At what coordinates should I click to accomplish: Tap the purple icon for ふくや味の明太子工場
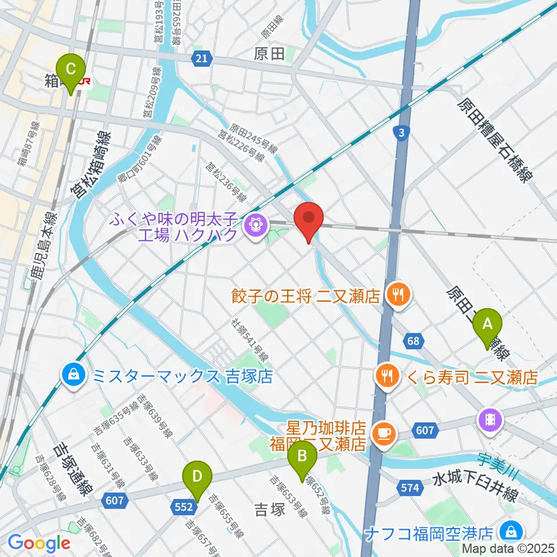(254, 222)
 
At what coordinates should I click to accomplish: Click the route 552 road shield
(183, 507)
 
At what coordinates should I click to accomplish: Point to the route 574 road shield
(410, 489)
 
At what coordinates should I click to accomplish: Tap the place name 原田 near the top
(270, 55)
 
